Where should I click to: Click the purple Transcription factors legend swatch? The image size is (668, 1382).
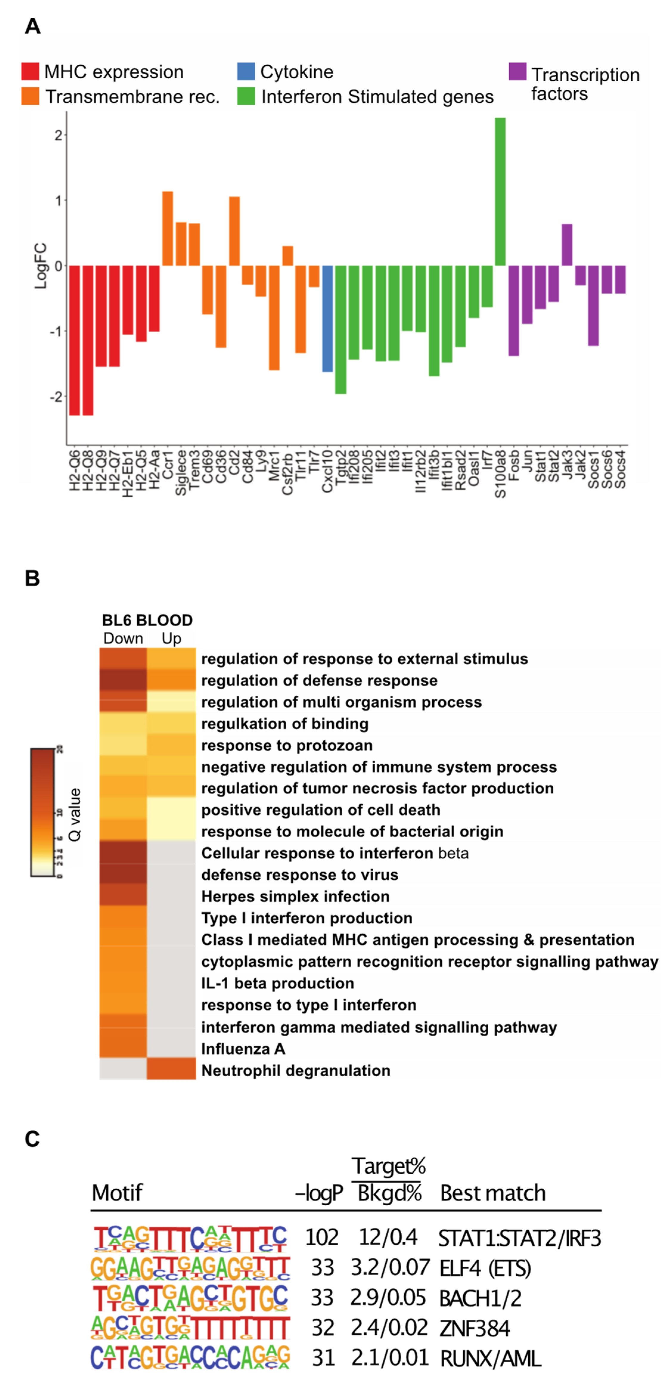517,71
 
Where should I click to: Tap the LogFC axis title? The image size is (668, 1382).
41,266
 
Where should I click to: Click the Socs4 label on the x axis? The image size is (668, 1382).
620,469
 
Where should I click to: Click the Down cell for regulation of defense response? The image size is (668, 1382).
123,680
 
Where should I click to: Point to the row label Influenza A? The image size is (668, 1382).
243,1049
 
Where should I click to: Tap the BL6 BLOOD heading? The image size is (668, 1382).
147,620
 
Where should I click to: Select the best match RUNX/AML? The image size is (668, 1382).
490,1358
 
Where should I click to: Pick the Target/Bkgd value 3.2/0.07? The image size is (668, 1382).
390,1268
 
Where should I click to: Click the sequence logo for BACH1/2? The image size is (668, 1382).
190,1297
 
